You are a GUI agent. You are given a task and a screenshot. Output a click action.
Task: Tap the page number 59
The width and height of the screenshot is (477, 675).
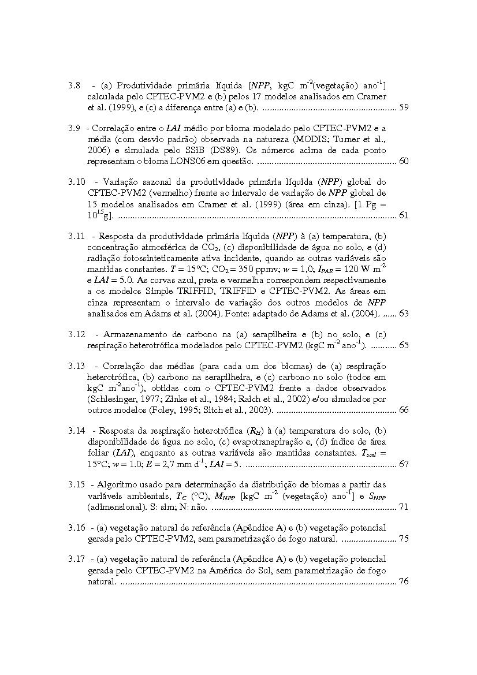pyautogui.click(x=404, y=107)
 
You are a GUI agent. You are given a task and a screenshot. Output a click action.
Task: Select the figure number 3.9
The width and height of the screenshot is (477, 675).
pyautogui.click(x=73, y=128)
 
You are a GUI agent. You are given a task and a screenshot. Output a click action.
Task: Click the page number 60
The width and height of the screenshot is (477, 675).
pyautogui.click(x=404, y=161)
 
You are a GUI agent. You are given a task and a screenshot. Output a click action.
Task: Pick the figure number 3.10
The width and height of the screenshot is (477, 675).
pyautogui.click(x=76, y=182)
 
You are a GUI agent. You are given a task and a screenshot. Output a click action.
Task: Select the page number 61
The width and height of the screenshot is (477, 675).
pyautogui.click(x=404, y=215)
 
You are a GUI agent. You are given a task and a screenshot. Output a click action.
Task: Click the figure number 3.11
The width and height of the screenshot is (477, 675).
pyautogui.click(x=76, y=236)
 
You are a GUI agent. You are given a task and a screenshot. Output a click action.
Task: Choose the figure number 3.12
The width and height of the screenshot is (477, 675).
pyautogui.click(x=76, y=334)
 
